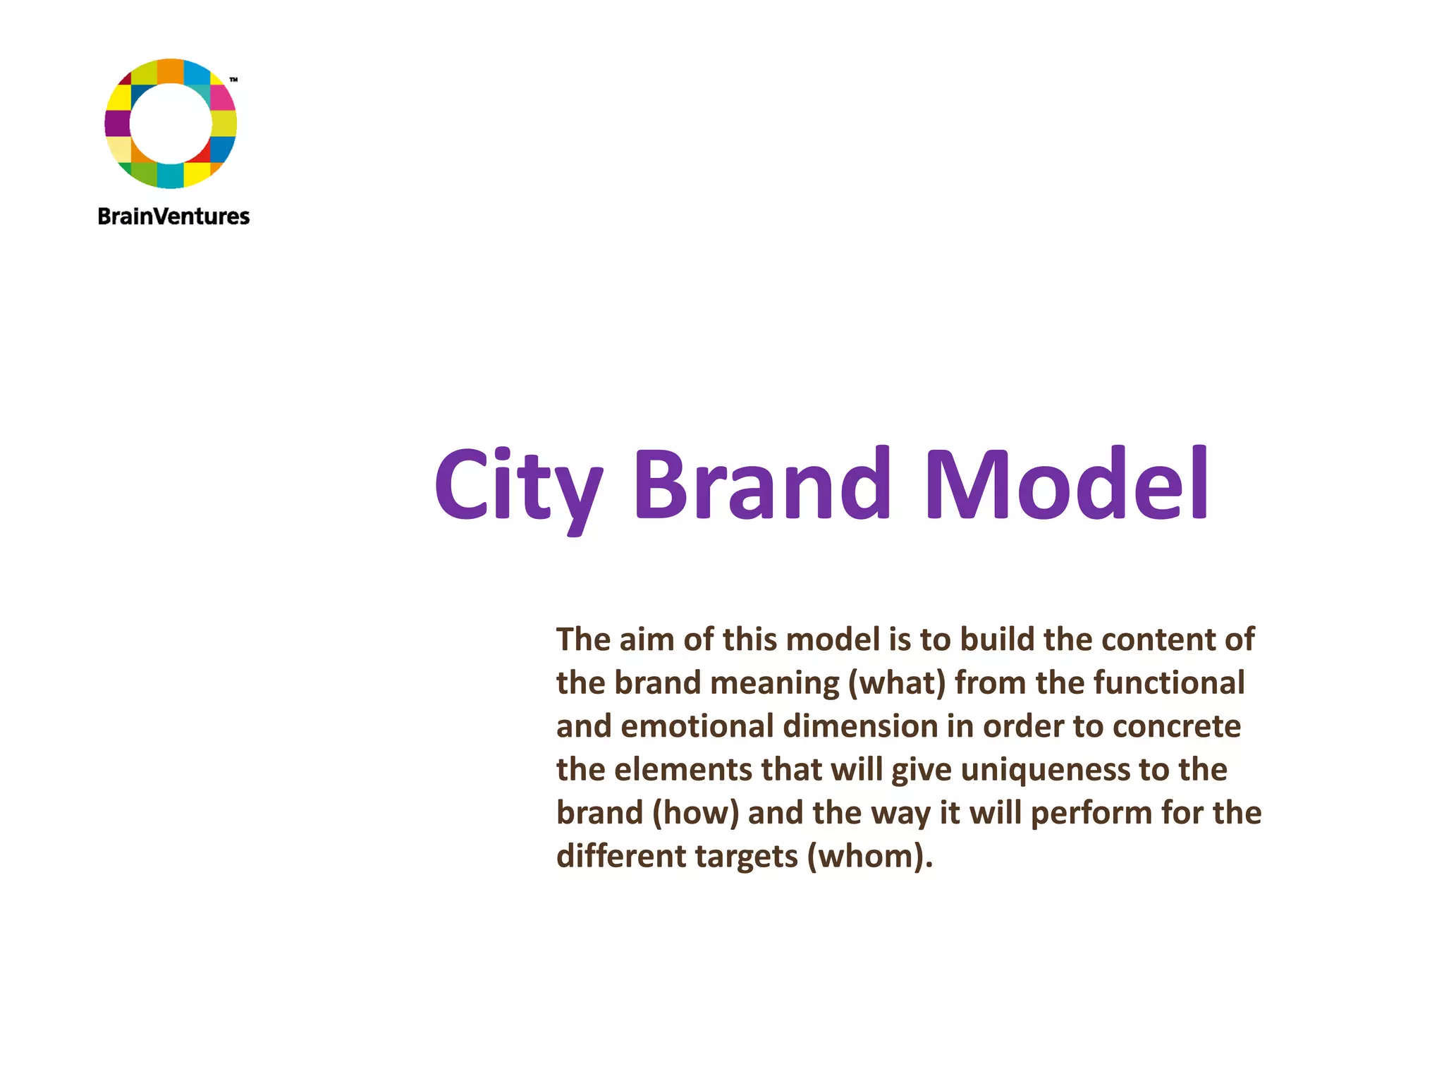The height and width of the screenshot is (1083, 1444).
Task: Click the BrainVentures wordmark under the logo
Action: (173, 216)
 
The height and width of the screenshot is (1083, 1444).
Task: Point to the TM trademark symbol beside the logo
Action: (234, 80)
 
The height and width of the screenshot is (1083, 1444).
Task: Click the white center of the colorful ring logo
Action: (171, 123)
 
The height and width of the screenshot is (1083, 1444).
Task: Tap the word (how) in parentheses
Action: (696, 813)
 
